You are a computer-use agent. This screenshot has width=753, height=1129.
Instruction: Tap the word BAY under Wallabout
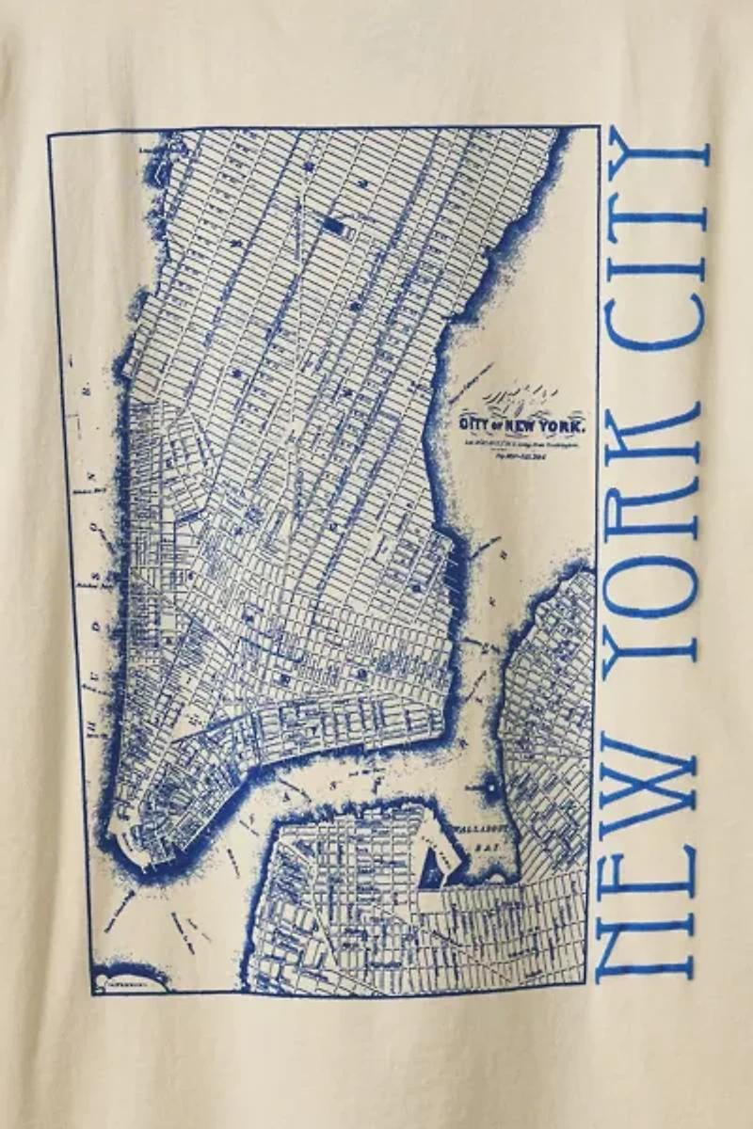[486, 847]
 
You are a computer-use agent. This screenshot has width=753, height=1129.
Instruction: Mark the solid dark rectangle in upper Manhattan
[333, 225]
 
